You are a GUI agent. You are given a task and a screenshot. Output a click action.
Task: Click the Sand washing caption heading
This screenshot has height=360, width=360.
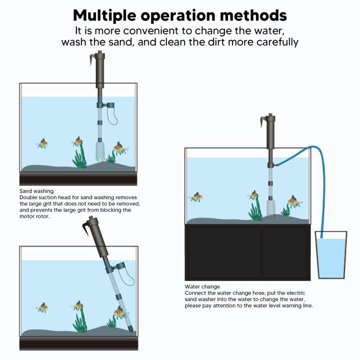(36, 191)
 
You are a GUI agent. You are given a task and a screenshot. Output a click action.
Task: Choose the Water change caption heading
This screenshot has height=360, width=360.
(202, 286)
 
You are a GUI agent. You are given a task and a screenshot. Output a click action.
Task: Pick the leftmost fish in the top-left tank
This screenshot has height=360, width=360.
(42, 144)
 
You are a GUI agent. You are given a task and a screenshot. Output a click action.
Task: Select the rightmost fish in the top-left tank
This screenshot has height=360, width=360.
(119, 147)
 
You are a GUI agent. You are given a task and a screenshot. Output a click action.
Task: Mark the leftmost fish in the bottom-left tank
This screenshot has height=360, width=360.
(42, 307)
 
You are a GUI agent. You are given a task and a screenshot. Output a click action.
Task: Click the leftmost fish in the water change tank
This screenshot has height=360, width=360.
(196, 197)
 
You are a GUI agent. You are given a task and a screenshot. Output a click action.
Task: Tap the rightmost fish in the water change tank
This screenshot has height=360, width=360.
(294, 201)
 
